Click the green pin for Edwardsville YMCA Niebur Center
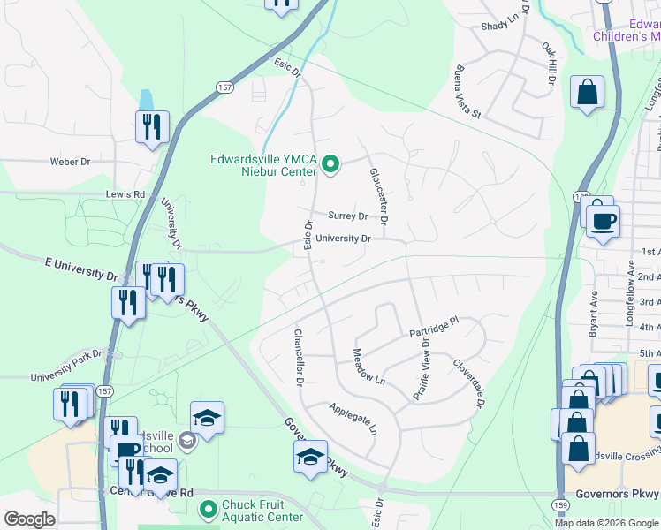(330, 165)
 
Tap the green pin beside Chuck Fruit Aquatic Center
(208, 510)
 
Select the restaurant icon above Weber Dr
(151, 126)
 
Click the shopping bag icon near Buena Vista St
(587, 92)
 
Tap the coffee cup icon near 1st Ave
(603, 221)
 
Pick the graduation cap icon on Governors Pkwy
(310, 457)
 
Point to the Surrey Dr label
(347, 216)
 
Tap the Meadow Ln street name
(369, 367)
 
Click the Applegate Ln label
(353, 420)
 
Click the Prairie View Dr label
(420, 369)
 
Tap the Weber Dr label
(71, 162)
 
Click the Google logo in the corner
(28, 519)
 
